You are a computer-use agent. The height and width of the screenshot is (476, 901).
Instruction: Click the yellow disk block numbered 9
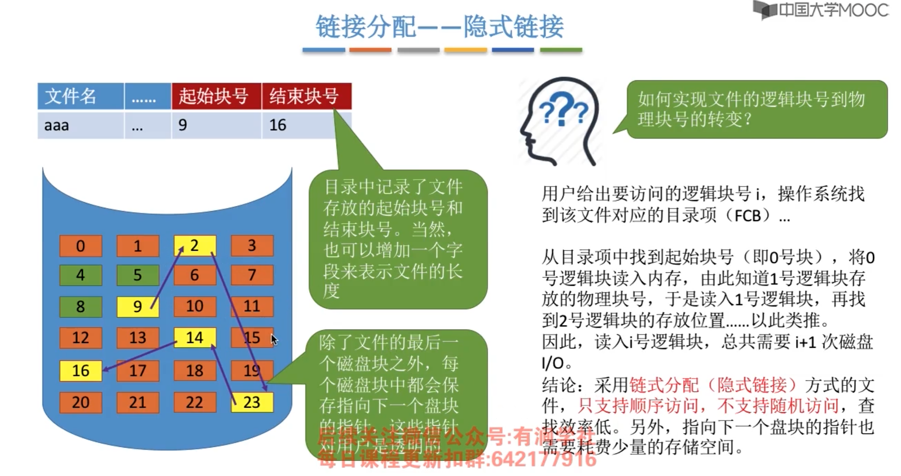[x=137, y=307]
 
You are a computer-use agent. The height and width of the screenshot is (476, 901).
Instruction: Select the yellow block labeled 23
[x=251, y=402]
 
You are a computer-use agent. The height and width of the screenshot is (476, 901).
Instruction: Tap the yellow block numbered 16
[x=80, y=371]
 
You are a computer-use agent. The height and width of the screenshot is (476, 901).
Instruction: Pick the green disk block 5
[x=137, y=275]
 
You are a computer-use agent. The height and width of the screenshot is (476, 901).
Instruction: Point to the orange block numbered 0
[x=80, y=246]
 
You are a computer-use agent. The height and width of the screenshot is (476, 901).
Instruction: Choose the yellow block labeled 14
[x=195, y=338]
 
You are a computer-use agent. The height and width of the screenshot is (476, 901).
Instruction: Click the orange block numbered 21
[x=137, y=402]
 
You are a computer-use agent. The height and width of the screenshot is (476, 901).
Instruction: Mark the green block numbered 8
[x=80, y=307]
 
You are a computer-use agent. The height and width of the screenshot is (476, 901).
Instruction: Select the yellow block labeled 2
[x=195, y=245]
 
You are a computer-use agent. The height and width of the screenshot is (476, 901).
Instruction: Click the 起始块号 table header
[x=216, y=96]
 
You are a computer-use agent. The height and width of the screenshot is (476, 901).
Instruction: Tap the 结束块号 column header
[x=306, y=96]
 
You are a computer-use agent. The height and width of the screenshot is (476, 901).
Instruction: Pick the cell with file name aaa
[x=80, y=125]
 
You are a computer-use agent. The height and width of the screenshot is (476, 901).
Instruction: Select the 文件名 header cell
[x=80, y=96]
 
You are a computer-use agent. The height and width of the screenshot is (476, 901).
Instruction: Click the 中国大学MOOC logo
[x=821, y=10]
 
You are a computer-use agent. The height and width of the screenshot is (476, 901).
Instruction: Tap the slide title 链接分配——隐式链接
[x=440, y=27]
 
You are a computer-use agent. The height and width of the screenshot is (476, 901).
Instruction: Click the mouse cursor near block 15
[x=274, y=340]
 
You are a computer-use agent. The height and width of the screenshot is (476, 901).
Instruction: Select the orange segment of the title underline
[x=370, y=50]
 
